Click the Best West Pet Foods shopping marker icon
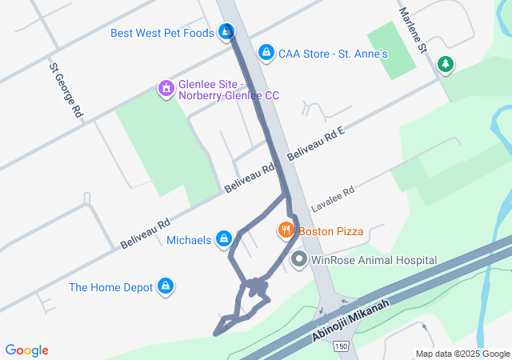click(227, 32)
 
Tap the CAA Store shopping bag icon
click(266, 53)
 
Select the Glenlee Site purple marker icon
click(166, 86)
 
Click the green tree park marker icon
click(446, 65)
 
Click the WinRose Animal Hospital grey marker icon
click(299, 260)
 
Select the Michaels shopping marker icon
click(225, 239)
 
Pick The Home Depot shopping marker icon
click(166, 286)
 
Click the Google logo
click(27, 350)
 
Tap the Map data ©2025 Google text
click(462, 354)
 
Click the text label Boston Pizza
click(331, 231)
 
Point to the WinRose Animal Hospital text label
click(374, 260)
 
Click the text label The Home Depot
click(110, 287)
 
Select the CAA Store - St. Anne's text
click(333, 54)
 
